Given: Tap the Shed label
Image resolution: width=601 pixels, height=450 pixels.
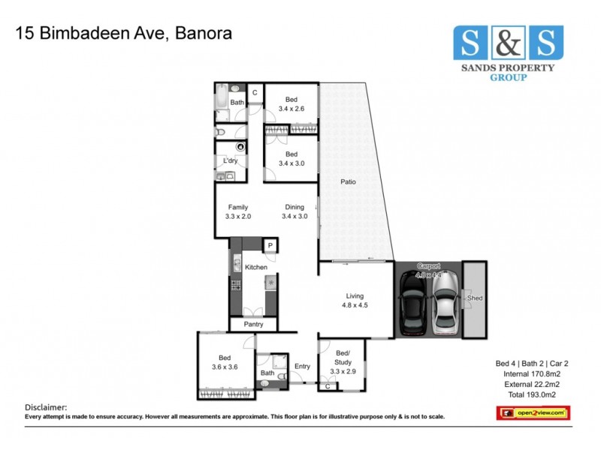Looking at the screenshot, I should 475,298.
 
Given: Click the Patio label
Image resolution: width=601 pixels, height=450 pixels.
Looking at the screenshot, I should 347,182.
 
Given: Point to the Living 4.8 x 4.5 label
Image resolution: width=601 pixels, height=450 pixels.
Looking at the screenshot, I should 355,300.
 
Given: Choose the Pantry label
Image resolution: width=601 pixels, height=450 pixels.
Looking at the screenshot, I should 252,325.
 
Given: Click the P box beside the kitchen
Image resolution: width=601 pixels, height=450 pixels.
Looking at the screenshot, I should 268,245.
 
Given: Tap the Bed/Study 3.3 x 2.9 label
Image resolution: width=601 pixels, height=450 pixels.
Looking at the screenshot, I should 343,357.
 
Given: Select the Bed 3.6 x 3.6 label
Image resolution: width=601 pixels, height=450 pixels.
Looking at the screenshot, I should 225,362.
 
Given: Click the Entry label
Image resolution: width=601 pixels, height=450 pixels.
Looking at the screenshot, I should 302,366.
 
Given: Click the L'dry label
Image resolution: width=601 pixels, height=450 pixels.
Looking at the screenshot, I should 231,161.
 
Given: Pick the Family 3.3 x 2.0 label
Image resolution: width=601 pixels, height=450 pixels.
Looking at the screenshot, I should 237,211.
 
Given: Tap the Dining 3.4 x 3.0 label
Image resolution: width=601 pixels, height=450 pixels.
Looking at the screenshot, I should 294,211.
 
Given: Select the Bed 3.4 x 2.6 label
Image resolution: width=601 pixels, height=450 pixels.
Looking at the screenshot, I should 291,104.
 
